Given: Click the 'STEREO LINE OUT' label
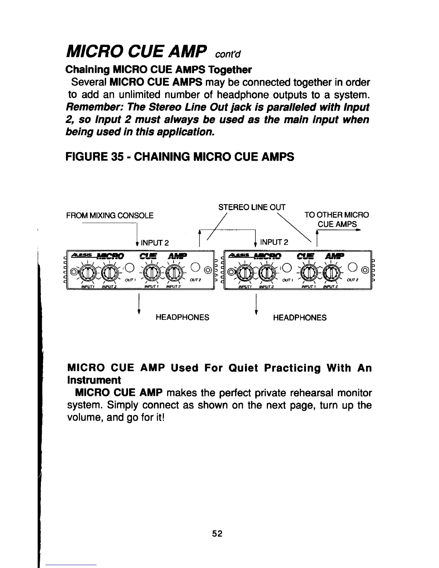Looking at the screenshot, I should coord(252,207).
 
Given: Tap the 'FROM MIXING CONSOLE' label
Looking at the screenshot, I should coord(110,216).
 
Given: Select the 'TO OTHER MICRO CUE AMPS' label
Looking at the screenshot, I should coord(336,219).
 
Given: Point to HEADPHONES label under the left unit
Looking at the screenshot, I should coord(182,318).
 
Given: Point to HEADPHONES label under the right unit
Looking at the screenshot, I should coord(300,318).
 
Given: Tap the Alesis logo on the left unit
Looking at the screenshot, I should coord(81,255).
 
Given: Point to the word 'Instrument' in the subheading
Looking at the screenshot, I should coord(94,380).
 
